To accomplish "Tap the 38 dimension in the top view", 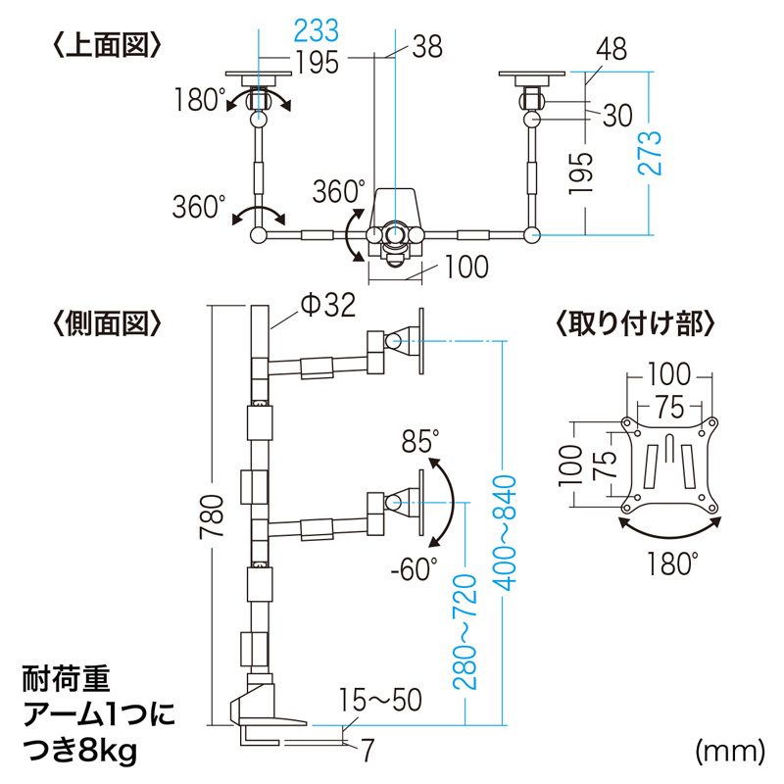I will click(427, 46).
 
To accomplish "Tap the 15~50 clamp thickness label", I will click(381, 700).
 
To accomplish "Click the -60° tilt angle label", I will click(413, 569).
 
